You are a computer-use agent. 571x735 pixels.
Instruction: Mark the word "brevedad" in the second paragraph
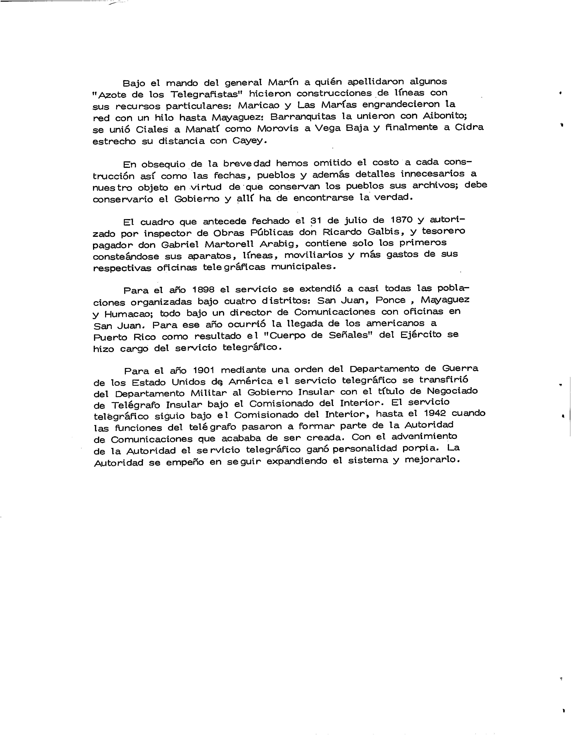tap(242, 164)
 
